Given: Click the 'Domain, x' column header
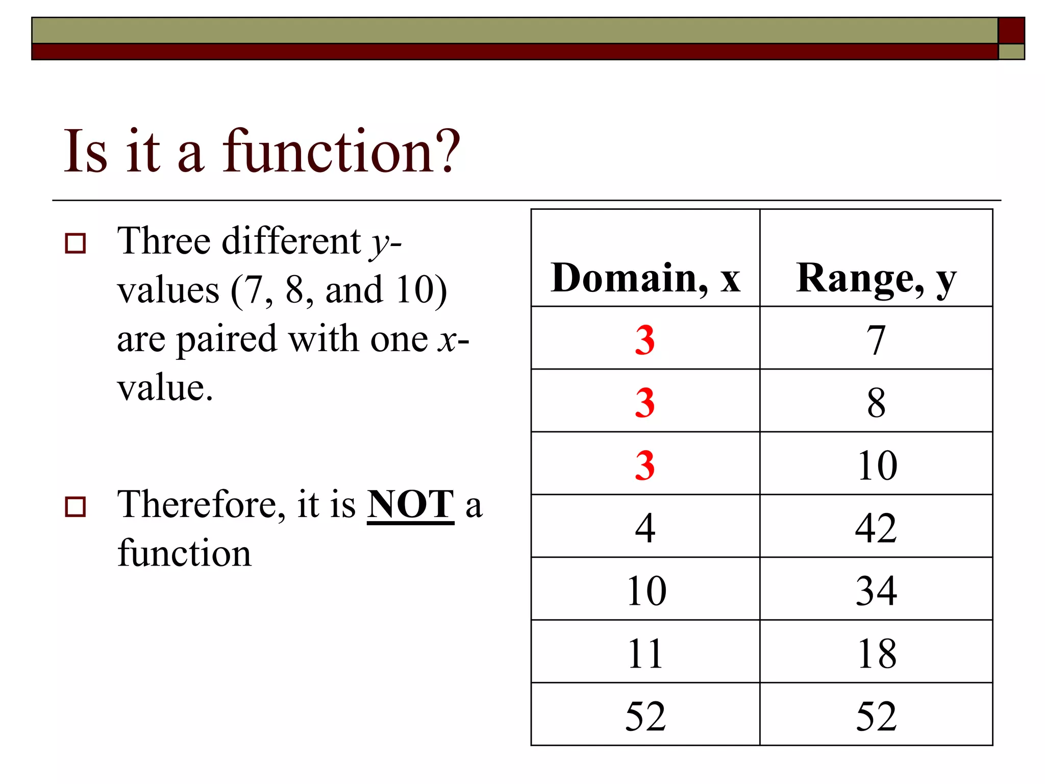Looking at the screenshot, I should click(645, 278).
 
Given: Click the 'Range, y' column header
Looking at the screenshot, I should click(876, 278).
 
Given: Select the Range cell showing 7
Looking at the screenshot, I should click(876, 339).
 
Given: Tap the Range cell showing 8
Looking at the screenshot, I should click(876, 402).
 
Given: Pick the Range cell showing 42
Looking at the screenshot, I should click(876, 528).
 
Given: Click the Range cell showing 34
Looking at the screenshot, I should click(876, 591).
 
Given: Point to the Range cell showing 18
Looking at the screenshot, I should click(876, 653).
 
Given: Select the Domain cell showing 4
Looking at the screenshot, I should click(645, 528).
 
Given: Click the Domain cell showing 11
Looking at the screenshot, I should click(645, 653).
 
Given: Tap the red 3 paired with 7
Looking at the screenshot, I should click(645, 339).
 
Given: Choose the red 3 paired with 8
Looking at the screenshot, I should click(645, 402).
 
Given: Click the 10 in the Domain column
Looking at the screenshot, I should click(646, 591).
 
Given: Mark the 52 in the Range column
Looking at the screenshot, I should click(876, 716).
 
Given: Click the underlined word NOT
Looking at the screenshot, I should click(410, 504).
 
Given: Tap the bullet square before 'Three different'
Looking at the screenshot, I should click(76, 243).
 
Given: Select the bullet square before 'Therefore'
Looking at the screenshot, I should click(76, 506).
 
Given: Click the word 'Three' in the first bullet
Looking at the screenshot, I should click(163, 241).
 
